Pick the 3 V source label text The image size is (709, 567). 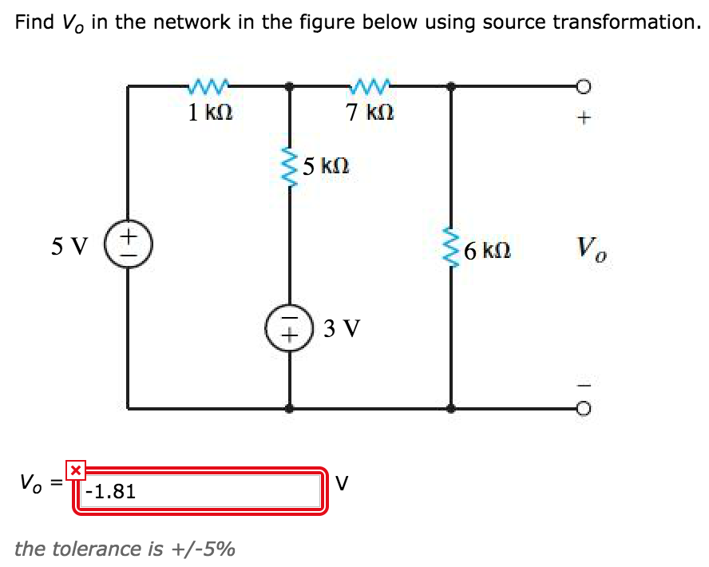coord(342,328)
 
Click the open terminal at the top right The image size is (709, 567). coord(584,86)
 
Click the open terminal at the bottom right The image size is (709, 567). coord(584,409)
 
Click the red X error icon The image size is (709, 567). coord(75,470)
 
